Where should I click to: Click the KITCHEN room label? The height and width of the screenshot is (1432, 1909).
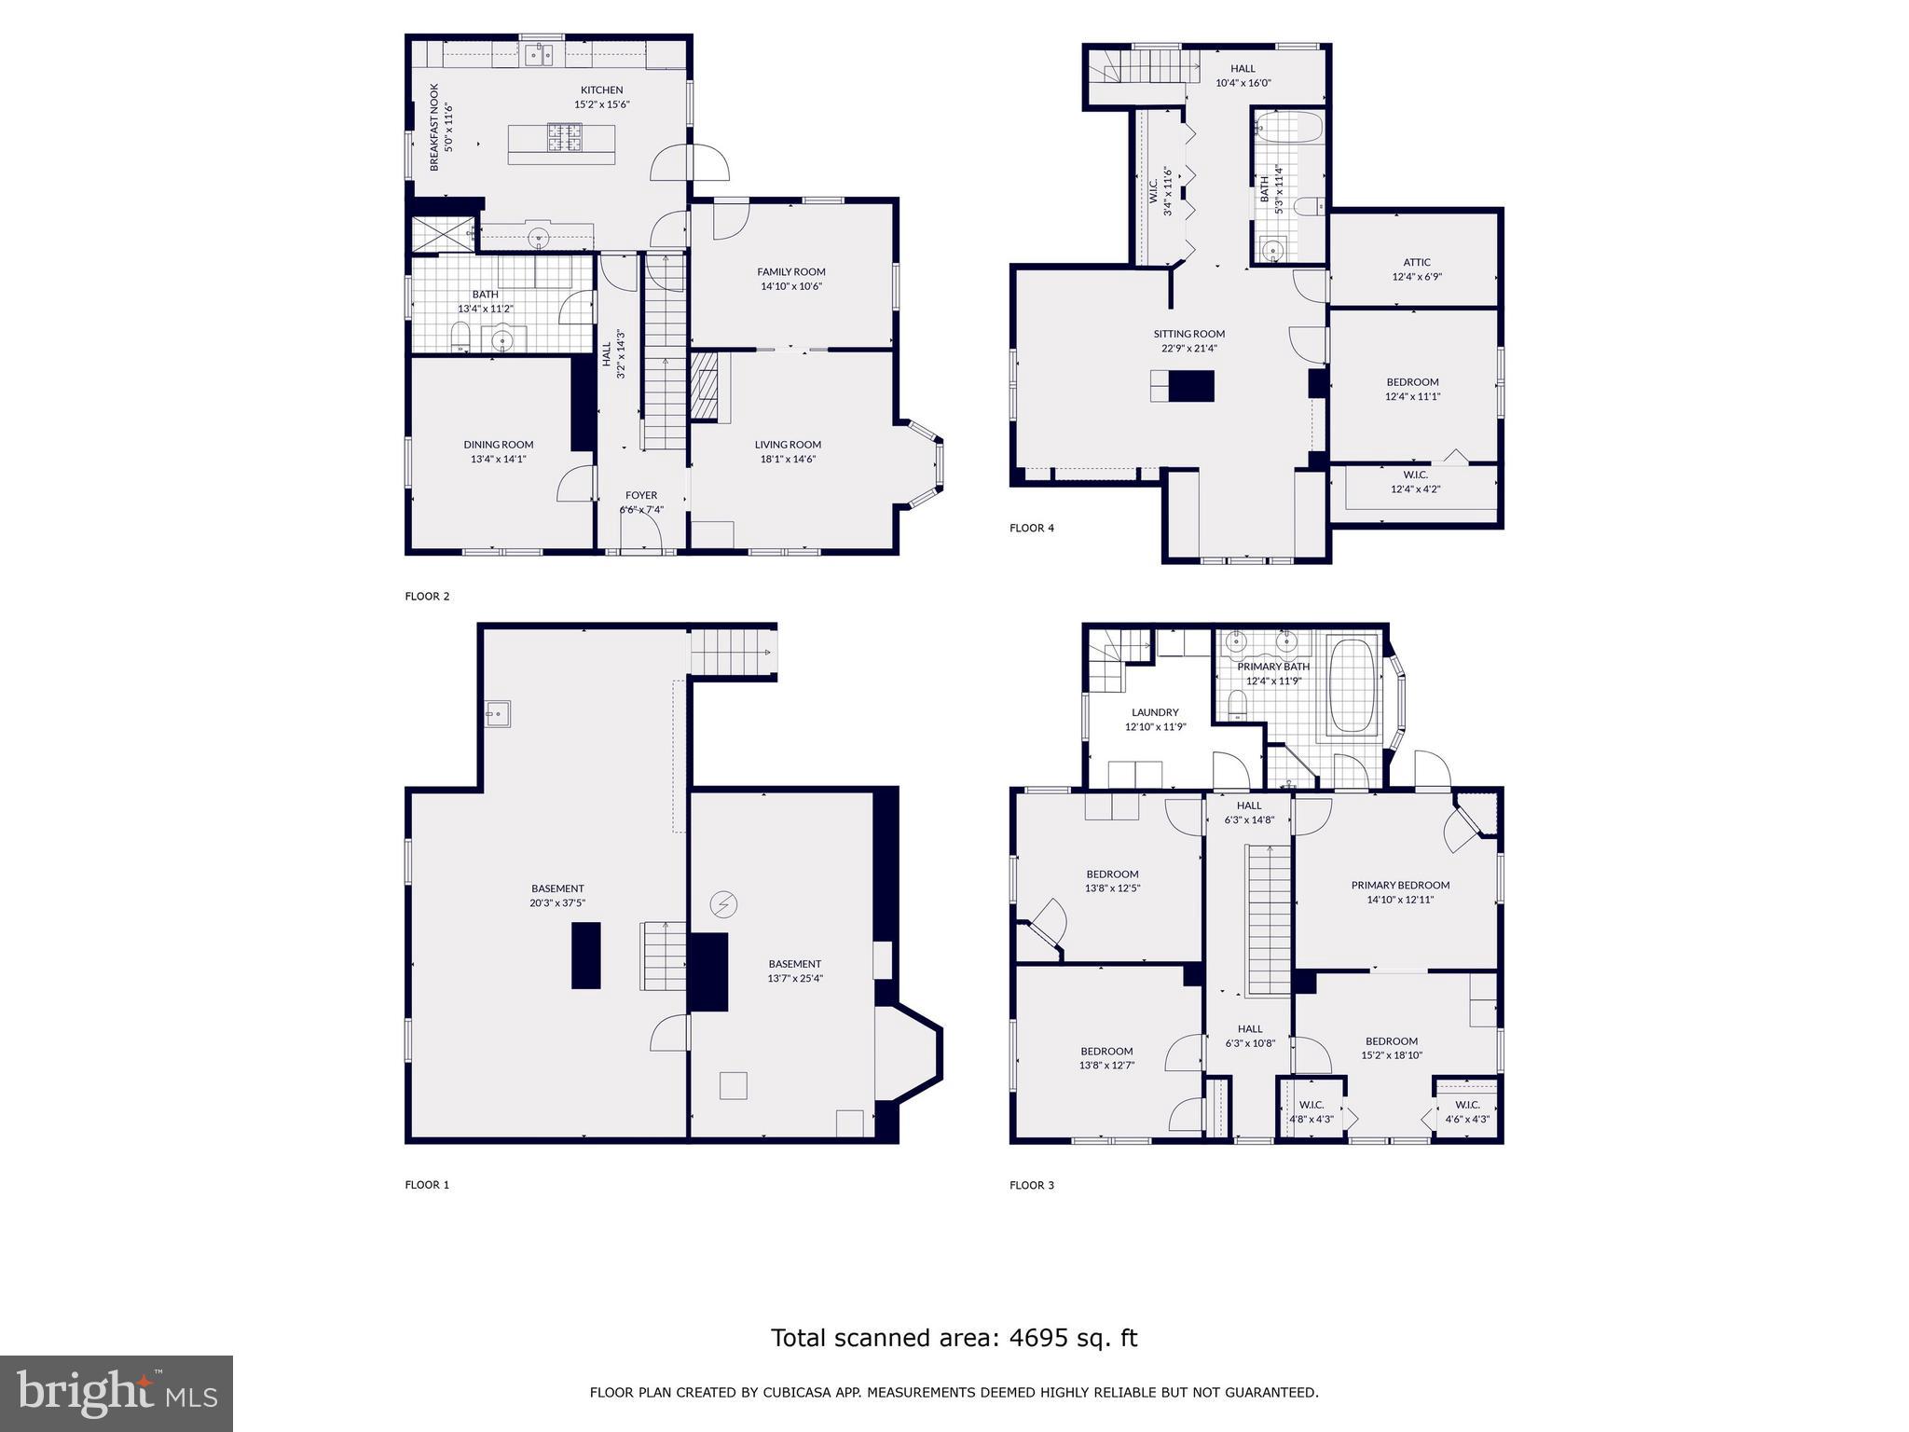601,90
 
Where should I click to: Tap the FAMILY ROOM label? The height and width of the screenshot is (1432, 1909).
790,272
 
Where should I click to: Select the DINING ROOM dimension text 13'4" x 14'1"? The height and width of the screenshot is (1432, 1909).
499,459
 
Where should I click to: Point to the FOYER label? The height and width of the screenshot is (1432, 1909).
641,495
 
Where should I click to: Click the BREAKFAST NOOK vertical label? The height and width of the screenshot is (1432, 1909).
434,128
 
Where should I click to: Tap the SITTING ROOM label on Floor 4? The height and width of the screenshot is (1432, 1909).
1188,334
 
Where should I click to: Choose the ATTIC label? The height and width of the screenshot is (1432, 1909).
1416,262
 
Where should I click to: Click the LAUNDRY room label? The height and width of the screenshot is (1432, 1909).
1155,712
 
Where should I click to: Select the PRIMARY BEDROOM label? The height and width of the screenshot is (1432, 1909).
1400,885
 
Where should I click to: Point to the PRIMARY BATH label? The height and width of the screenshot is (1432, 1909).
1273,667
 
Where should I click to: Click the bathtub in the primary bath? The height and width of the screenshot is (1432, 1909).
1353,686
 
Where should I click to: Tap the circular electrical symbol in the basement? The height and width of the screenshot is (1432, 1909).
724,903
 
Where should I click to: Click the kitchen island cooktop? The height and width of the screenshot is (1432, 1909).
564,138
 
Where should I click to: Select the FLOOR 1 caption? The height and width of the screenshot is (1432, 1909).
427,1185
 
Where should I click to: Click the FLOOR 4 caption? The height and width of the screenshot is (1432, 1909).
1032,528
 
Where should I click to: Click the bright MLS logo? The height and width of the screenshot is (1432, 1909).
117,1393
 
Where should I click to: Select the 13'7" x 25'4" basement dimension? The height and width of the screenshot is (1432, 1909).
794,979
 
